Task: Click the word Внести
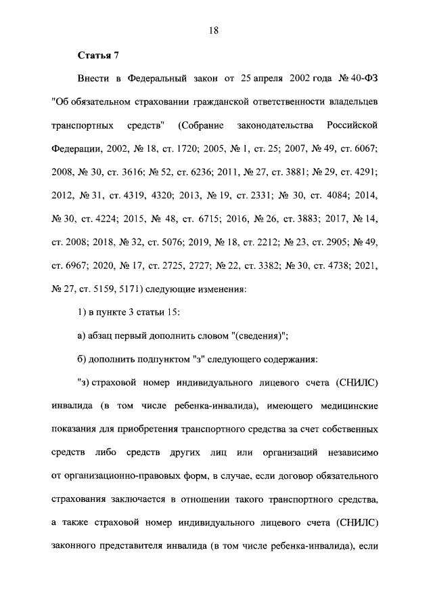(95, 79)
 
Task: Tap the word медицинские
(344, 406)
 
